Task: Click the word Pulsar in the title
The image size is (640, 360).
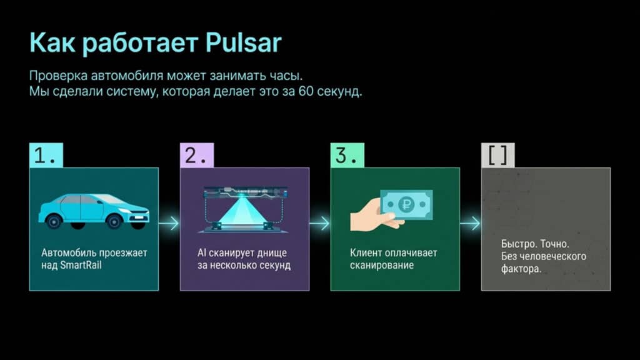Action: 243,42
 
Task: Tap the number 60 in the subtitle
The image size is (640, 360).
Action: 306,91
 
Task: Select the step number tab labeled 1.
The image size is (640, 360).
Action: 46,155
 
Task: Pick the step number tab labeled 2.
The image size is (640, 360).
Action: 197,155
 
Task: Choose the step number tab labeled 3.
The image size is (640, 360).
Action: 347,155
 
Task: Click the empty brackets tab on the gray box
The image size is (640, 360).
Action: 498,155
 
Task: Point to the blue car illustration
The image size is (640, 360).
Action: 94,211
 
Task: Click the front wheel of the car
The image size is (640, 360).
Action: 114,222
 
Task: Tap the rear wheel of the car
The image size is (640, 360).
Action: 54,222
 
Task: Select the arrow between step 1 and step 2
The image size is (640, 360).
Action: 169,223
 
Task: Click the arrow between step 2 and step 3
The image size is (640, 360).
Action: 319,223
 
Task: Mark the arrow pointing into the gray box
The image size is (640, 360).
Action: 470,223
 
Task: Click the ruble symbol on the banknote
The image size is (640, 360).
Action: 406,204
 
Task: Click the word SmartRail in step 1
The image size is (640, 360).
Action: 81,265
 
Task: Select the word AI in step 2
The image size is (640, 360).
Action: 202,252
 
